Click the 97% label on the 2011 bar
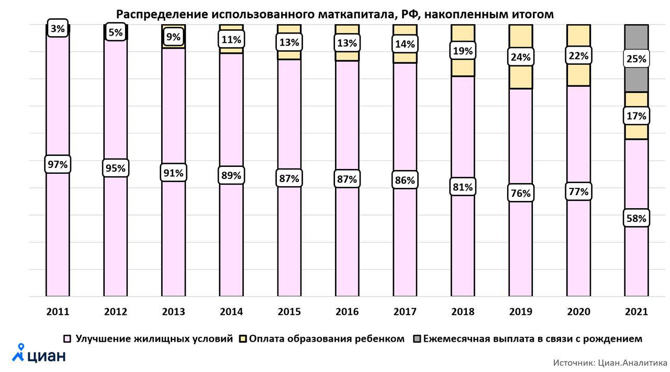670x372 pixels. tap(58, 164)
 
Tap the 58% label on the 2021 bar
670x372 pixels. tap(636, 218)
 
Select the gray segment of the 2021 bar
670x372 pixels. tap(636, 78)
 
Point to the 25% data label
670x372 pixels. tap(636, 59)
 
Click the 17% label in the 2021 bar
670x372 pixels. tap(636, 116)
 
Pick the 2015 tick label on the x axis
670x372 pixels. tap(289, 312)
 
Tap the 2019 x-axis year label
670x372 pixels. tap(520, 312)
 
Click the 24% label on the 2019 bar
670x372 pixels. tap(520, 57)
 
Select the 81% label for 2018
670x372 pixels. tap(463, 187)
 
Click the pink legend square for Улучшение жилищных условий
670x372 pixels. tap(67, 339)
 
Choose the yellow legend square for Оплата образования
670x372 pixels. tap(243, 339)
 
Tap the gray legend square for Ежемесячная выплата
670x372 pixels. tap(417, 339)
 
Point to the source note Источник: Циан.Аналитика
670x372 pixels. tap(610, 362)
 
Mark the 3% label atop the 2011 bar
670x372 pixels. tap(58, 29)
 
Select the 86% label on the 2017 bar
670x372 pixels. tap(405, 181)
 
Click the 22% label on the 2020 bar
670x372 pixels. tap(578, 55)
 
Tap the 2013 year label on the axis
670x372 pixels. tap(173, 312)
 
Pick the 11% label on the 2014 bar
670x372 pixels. tap(231, 39)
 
